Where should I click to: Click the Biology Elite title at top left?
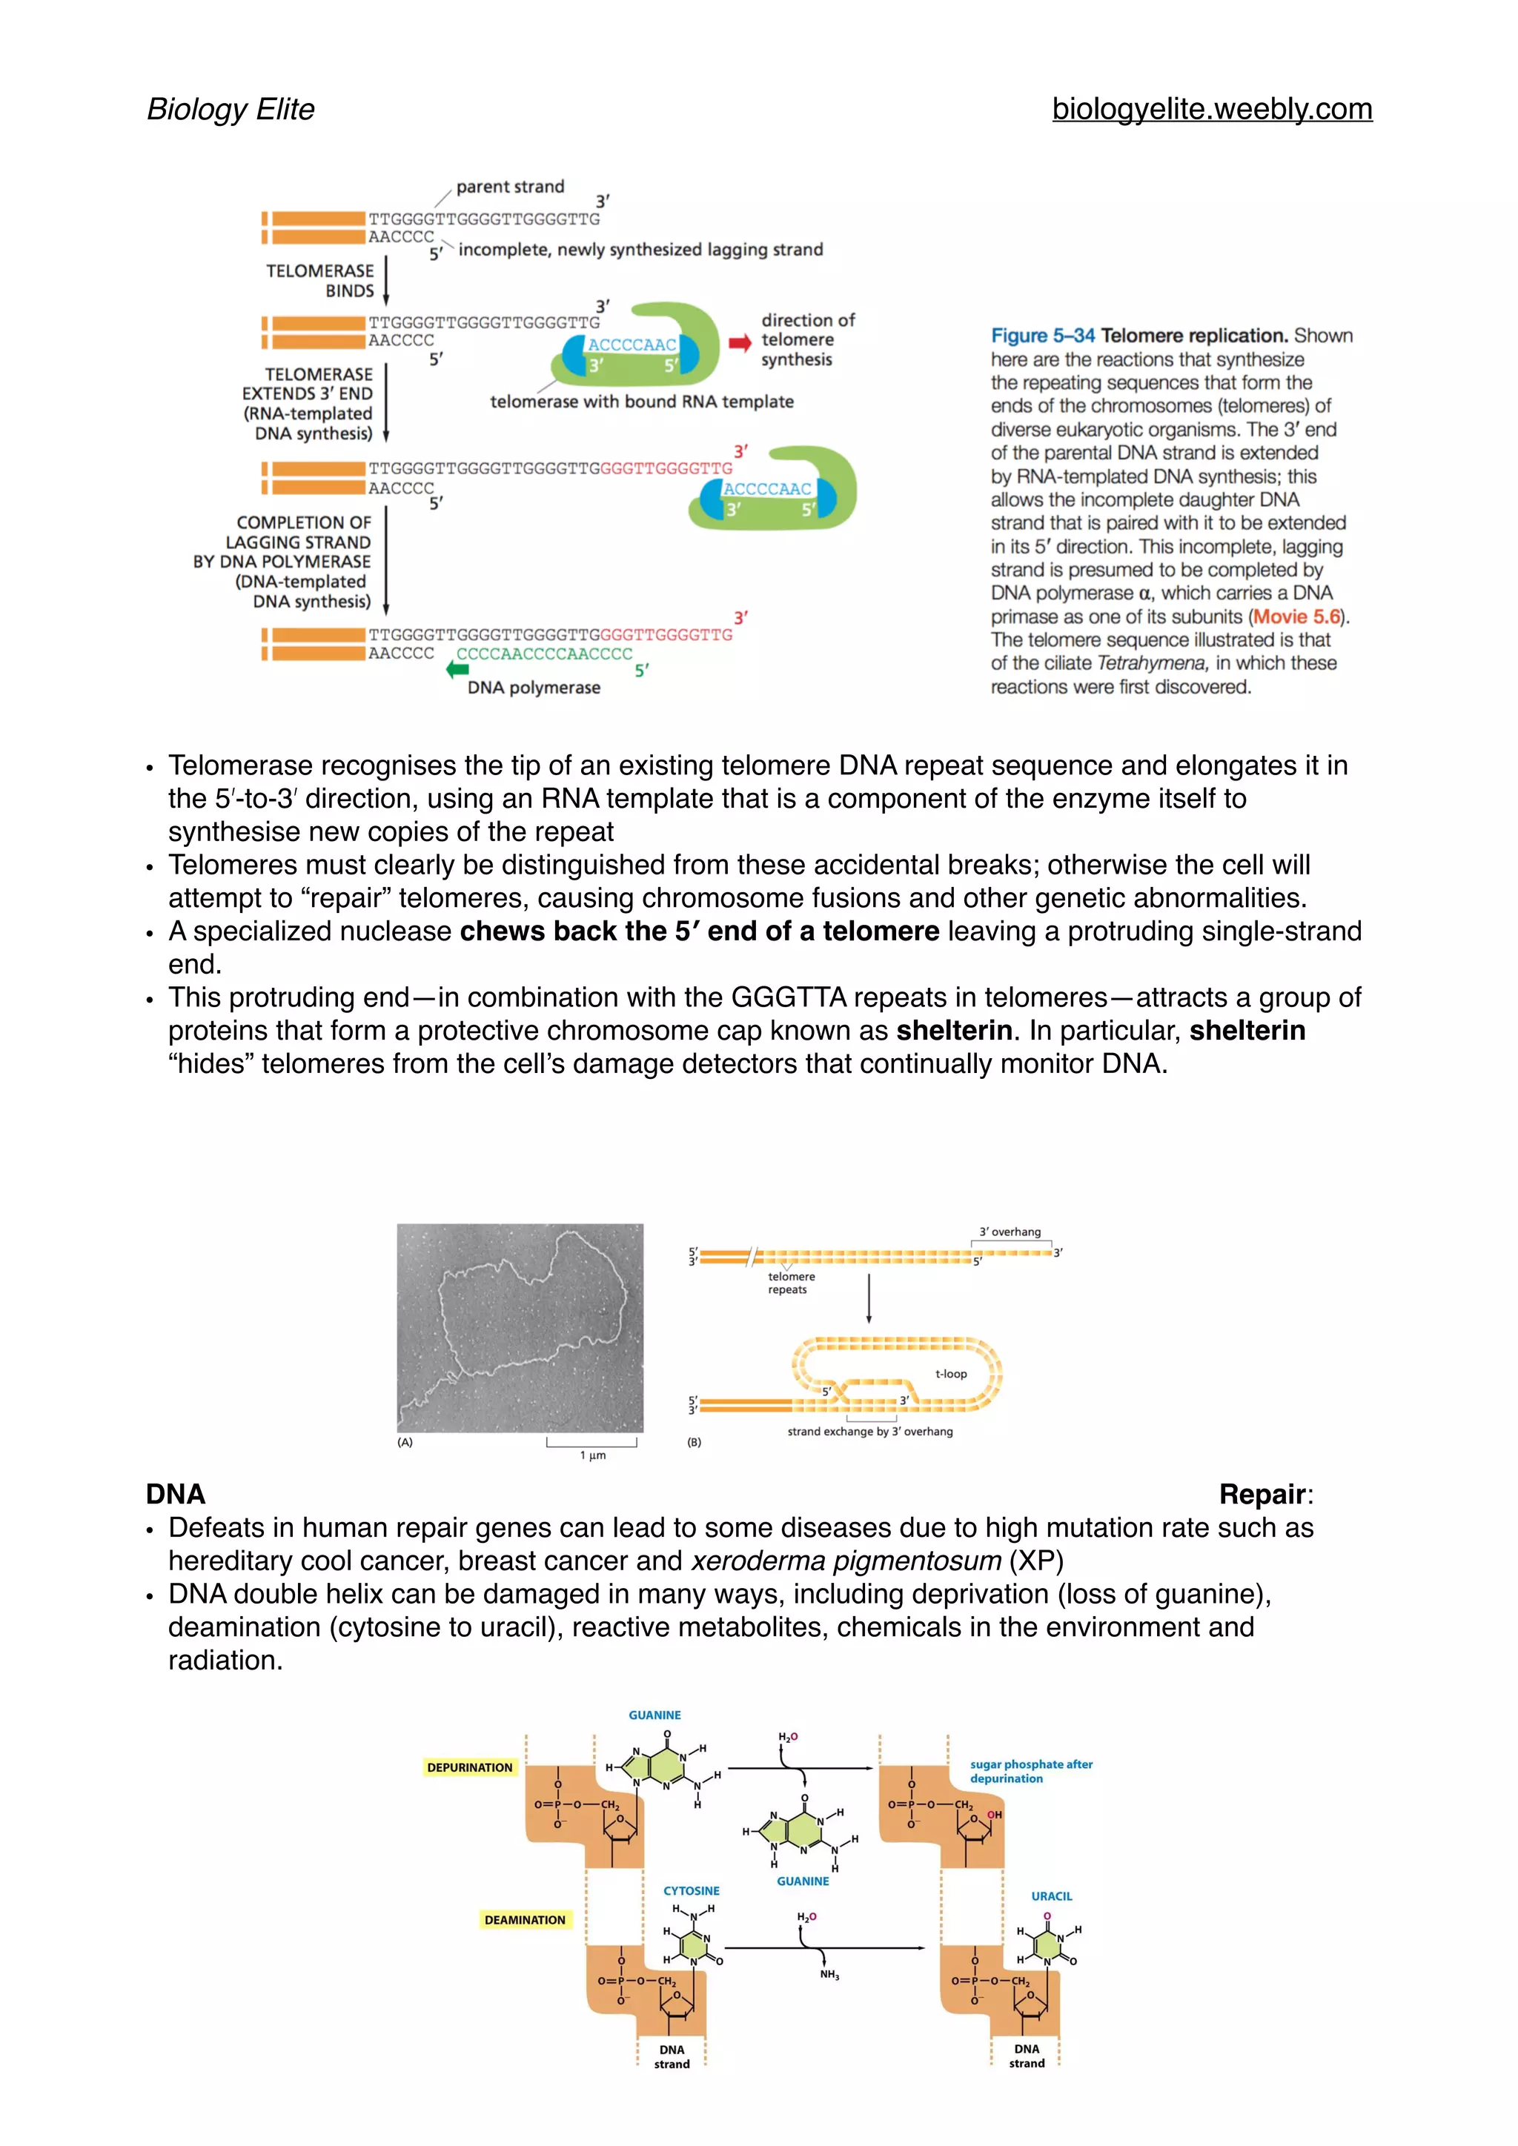(231, 110)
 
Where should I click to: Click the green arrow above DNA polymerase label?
(457, 668)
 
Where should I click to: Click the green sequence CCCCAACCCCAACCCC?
(544, 654)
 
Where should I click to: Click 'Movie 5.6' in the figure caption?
(1296, 617)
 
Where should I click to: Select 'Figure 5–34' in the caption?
(1042, 336)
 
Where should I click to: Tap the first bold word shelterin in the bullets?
(953, 1030)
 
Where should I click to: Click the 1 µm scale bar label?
(593, 1455)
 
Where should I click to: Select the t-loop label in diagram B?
(951, 1374)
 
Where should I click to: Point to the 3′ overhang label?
(1010, 1232)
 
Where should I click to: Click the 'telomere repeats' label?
(791, 1283)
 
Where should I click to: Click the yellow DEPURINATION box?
(469, 1767)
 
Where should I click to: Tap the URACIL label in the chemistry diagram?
(1052, 1896)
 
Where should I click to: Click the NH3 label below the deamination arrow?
(829, 1975)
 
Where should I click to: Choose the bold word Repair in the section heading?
(1262, 1495)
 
